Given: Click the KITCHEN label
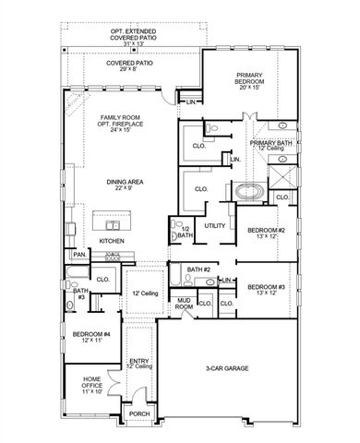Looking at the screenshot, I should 112,241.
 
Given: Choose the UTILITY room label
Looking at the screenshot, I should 215,225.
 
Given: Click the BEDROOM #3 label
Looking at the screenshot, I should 267,289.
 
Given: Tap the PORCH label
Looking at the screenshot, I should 138,414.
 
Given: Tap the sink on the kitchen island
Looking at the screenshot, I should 114,224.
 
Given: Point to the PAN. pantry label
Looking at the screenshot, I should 79,254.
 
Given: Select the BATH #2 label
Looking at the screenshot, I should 199,269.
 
